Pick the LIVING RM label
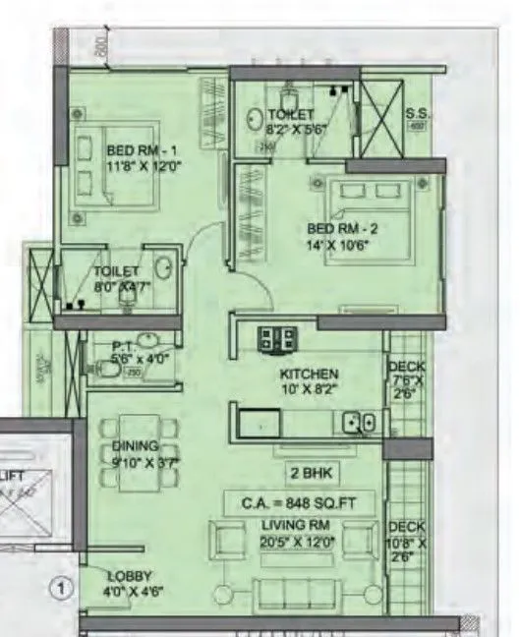pyautogui.click(x=297, y=530)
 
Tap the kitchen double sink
pyautogui.click(x=358, y=424)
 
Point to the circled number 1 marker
pyautogui.click(x=62, y=590)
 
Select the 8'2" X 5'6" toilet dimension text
pyautogui.click(x=291, y=128)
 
